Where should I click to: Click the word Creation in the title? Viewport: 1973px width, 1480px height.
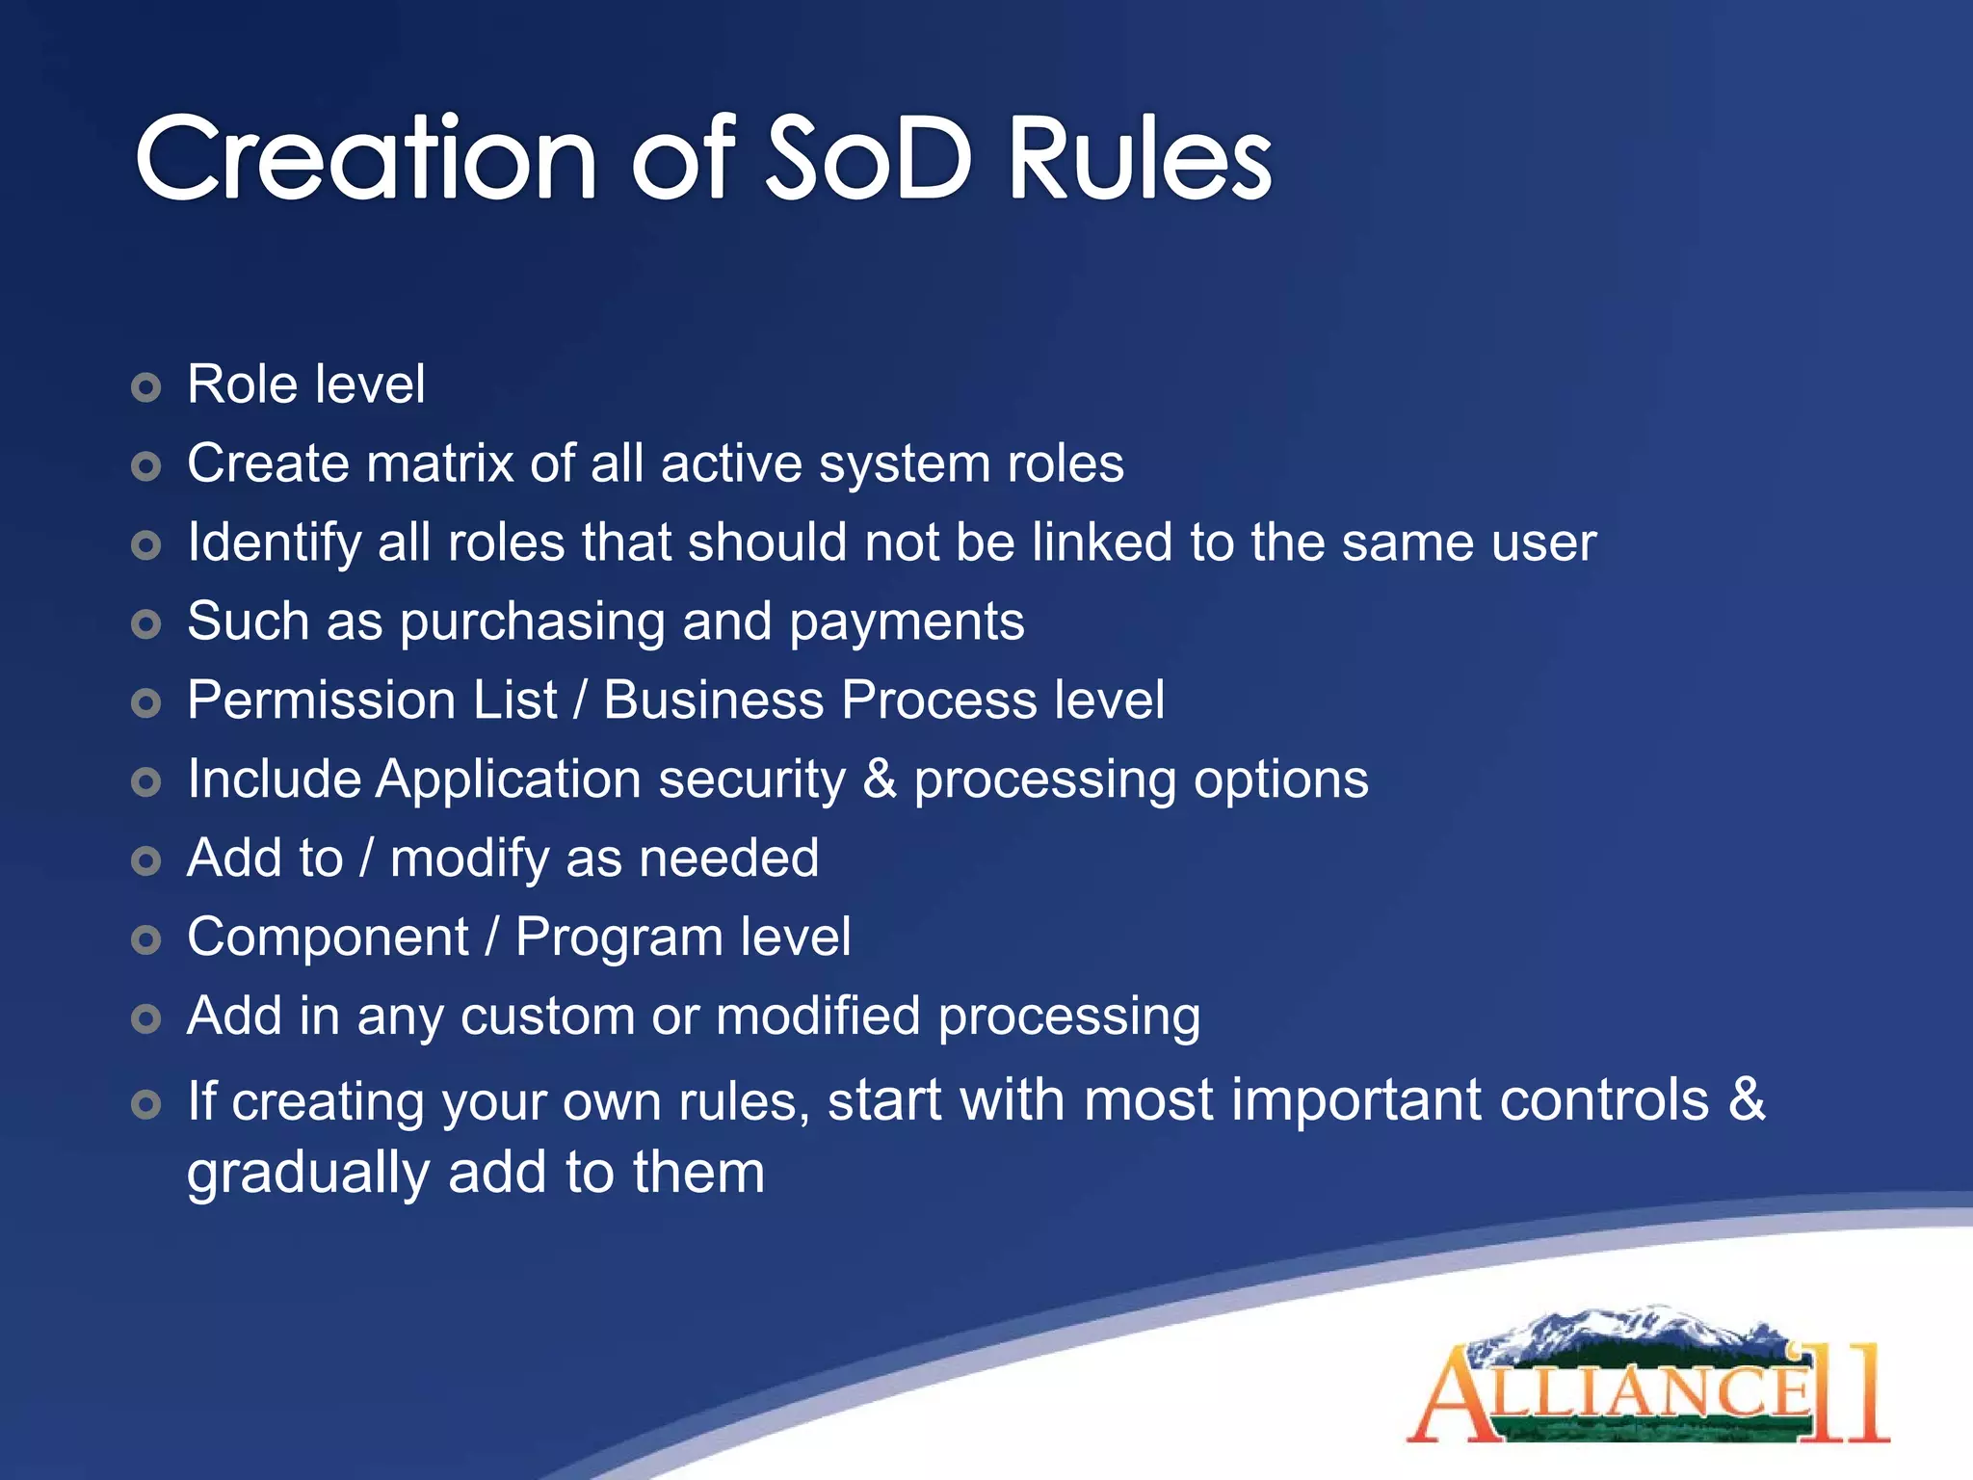pos(366,159)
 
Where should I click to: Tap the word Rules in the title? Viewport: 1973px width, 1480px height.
pos(1140,159)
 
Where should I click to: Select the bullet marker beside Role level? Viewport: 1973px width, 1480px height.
pos(145,388)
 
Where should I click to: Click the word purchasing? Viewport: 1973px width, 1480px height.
pos(532,622)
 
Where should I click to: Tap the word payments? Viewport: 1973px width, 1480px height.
pos(907,621)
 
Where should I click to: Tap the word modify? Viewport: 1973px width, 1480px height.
pos(469,859)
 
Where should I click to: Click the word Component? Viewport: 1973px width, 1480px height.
pos(328,938)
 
